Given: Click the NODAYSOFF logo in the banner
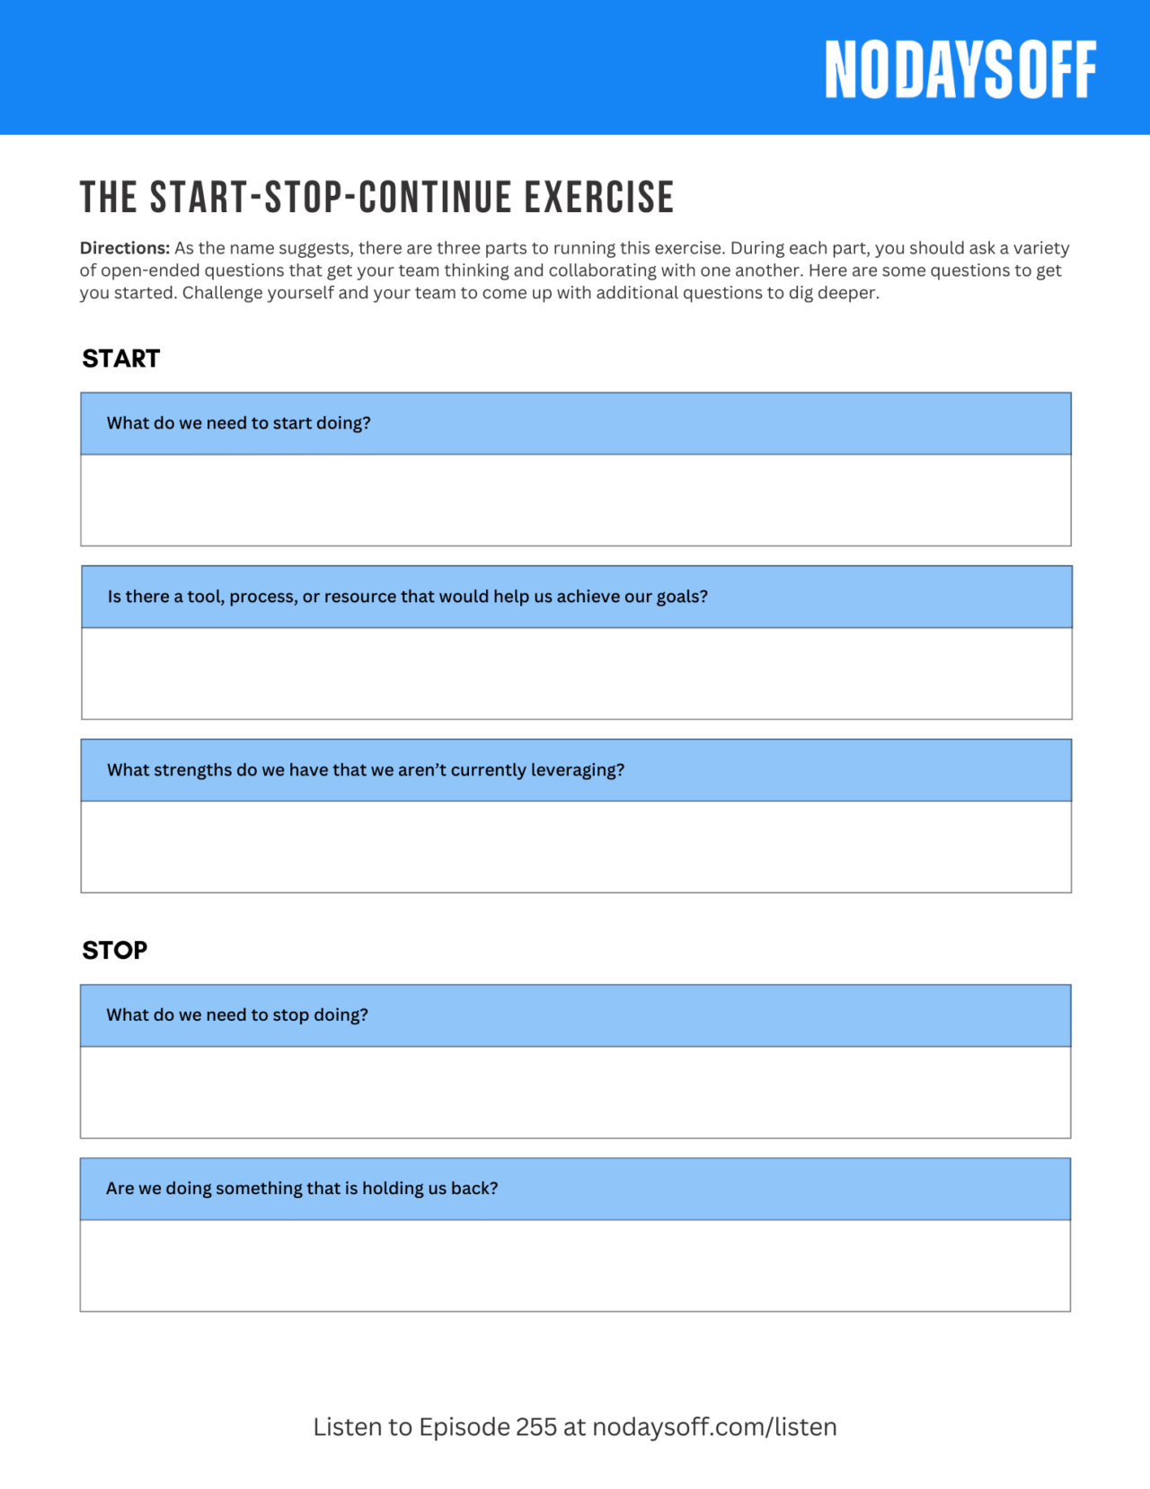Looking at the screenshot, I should click(x=960, y=69).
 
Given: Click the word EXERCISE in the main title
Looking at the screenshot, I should click(x=599, y=198).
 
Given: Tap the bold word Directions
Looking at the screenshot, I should click(x=124, y=248).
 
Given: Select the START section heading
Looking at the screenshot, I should click(x=121, y=359).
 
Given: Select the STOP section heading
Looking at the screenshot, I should click(x=115, y=950).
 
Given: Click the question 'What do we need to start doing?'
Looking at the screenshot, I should click(x=239, y=423).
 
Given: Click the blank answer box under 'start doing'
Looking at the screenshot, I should click(x=575, y=500).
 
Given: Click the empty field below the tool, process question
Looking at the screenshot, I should click(x=575, y=673).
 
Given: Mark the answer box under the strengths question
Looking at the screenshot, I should click(x=575, y=846).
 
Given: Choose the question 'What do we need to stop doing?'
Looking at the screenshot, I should click(x=237, y=1015).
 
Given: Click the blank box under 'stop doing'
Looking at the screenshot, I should click(x=575, y=1092).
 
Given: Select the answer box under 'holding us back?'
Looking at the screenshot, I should click(x=575, y=1265).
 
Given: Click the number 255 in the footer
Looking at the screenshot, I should click(x=536, y=1427).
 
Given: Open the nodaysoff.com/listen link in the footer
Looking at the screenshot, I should click(x=714, y=1427).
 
